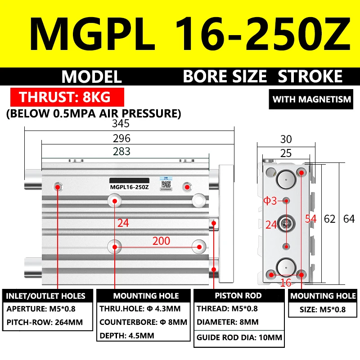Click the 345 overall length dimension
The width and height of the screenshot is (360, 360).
click(x=121, y=123)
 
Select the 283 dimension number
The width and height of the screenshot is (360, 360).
click(x=121, y=151)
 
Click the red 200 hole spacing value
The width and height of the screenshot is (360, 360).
click(x=161, y=241)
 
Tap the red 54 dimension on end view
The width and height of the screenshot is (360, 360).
click(x=310, y=219)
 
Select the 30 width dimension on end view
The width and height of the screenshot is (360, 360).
click(x=286, y=139)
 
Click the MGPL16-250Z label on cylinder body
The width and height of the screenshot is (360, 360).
click(x=130, y=187)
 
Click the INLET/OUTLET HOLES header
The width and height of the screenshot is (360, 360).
click(x=45, y=296)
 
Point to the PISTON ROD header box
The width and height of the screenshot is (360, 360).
click(x=238, y=296)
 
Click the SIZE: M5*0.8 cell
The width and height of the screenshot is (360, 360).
click(x=323, y=310)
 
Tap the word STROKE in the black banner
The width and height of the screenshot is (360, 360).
click(x=310, y=76)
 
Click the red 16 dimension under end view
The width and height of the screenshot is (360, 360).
click(x=286, y=283)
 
